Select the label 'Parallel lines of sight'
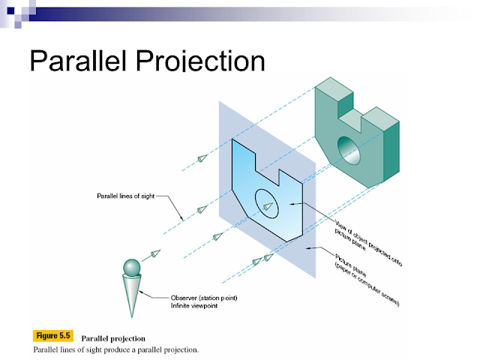coord(125,196)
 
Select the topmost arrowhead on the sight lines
coord(202,157)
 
